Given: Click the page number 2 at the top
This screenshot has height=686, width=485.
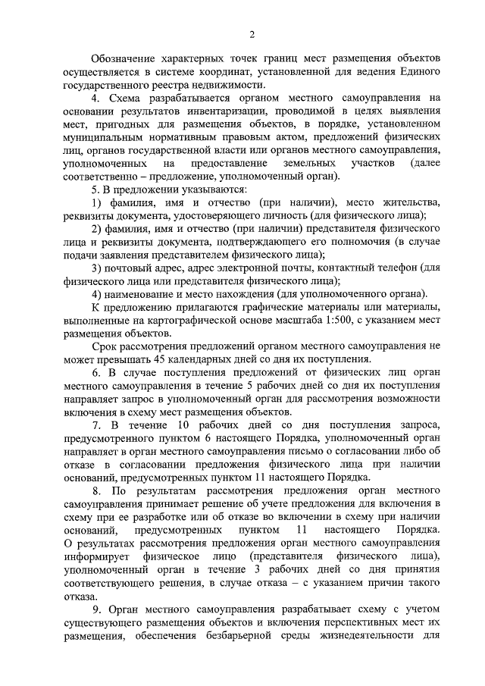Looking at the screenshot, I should tap(252, 33).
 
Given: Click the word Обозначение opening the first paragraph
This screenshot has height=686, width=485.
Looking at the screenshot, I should tap(127, 58).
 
